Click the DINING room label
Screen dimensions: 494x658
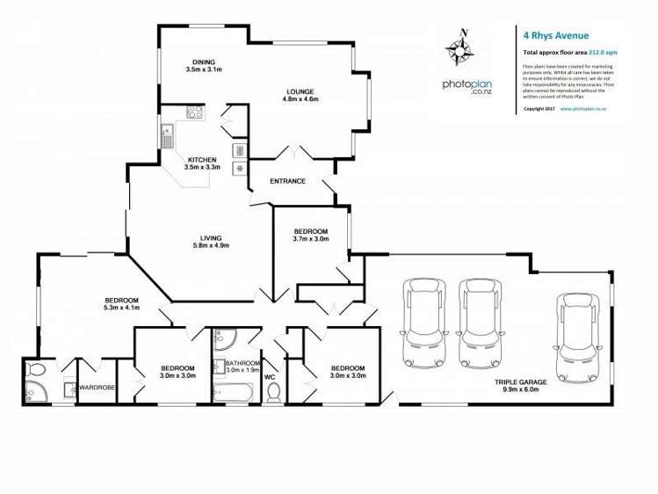click(x=204, y=62)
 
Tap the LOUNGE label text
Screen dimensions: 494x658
click(x=300, y=91)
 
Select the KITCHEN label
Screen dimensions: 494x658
click(x=201, y=159)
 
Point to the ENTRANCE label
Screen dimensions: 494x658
click(x=287, y=182)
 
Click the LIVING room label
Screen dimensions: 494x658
click(x=211, y=237)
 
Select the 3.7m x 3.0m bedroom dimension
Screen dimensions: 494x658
click(x=310, y=238)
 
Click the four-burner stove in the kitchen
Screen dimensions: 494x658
click(x=193, y=112)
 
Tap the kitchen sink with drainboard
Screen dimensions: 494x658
click(x=166, y=136)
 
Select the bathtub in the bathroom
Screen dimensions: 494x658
click(x=231, y=388)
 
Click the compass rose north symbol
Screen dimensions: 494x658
click(x=464, y=47)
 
